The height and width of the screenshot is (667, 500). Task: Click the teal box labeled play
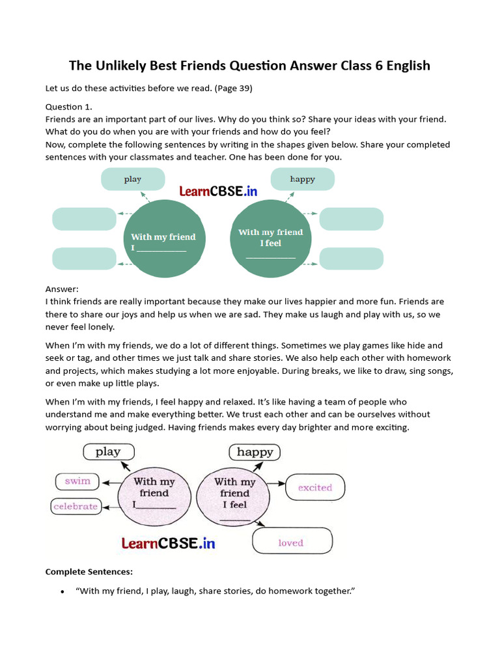tap(133, 179)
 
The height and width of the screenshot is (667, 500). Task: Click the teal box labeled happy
tap(302, 179)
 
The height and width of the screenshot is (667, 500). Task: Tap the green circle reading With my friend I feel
tap(271, 237)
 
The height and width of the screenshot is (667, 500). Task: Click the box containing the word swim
tap(77, 481)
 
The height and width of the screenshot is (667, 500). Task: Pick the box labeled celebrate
tap(76, 506)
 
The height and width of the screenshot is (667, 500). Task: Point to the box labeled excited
tap(315, 487)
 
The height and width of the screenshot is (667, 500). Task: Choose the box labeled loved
tap(292, 541)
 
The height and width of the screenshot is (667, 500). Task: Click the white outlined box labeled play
tap(109, 451)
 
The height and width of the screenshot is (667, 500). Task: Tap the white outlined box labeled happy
tap(255, 451)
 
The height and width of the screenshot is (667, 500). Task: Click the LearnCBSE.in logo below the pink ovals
tap(168, 543)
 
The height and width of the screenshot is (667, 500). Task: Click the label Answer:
tap(62, 289)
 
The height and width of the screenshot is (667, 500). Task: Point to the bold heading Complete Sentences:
tap(89, 572)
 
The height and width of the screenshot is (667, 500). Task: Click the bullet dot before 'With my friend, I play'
tap(62, 591)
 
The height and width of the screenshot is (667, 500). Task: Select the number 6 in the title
tap(376, 66)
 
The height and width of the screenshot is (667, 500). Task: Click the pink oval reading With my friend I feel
tap(234, 493)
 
